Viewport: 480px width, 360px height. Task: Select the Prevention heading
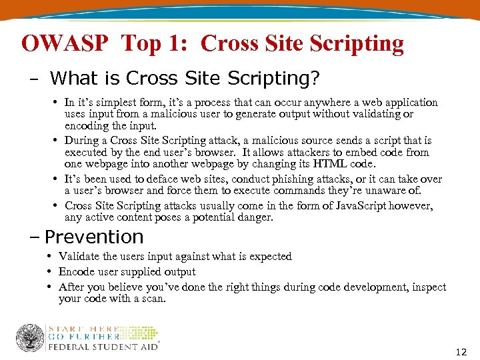(94, 237)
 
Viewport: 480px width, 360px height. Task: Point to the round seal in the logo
(30, 338)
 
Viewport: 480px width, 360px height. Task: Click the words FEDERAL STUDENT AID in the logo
(103, 346)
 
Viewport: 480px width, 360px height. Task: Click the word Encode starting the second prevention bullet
(75, 271)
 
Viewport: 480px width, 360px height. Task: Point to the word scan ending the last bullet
(153, 299)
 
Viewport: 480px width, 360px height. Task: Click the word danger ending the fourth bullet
(256, 217)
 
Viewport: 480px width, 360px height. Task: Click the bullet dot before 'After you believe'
(51, 287)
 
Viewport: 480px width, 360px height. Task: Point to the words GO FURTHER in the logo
(83, 337)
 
